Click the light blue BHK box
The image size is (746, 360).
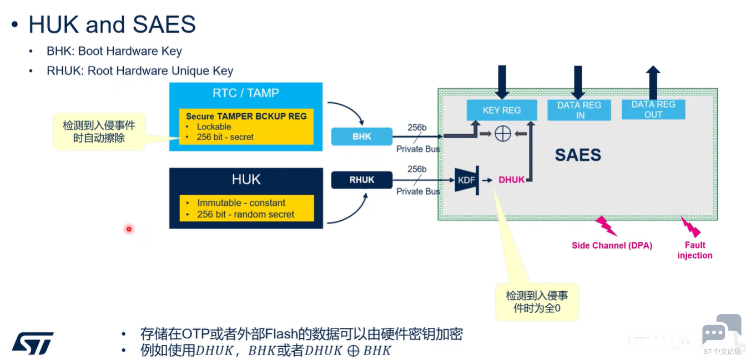click(362, 136)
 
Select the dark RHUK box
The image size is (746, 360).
click(362, 180)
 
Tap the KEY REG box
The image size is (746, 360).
click(502, 110)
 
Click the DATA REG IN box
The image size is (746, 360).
click(579, 110)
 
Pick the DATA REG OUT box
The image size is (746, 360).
click(653, 109)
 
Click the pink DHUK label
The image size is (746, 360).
click(511, 180)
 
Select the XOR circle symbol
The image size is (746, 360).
click(503, 134)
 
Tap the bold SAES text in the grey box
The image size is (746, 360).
click(578, 155)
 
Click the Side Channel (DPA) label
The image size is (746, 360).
click(612, 245)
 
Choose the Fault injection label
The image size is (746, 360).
click(695, 250)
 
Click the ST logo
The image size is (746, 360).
click(33, 343)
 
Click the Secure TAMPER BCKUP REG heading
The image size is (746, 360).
click(246, 116)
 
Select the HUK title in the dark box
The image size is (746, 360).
click(246, 179)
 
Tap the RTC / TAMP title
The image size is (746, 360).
click(246, 93)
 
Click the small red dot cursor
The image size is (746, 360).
click(129, 229)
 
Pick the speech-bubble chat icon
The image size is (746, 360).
click(715, 332)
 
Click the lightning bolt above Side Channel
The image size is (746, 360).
click(606, 226)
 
